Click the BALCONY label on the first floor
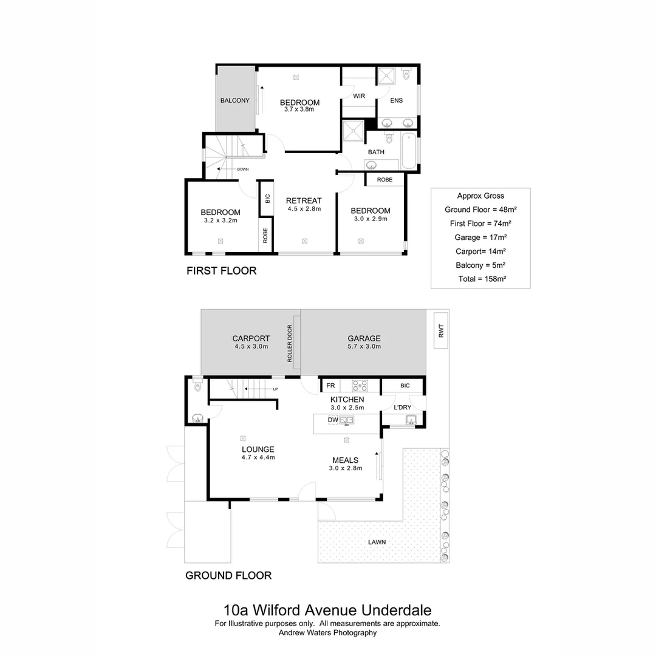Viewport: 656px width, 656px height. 235,101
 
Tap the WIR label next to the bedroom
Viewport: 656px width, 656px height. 359,95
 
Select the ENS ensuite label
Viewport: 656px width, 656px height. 396,100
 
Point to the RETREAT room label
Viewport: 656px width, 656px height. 304,200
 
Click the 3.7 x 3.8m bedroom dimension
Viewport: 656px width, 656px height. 299,110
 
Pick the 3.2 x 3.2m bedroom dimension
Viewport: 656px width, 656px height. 220,220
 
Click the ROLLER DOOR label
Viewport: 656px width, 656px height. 290,344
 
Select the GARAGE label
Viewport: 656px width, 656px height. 364,338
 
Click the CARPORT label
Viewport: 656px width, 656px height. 251,338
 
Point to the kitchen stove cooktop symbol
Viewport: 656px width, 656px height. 359,385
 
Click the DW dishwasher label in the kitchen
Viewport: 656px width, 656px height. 333,420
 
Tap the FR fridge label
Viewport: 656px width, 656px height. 331,386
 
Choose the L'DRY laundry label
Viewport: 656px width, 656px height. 403,406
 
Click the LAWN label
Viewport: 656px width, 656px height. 377,542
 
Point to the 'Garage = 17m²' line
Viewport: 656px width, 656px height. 480,237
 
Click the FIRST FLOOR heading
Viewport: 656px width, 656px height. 221,271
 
